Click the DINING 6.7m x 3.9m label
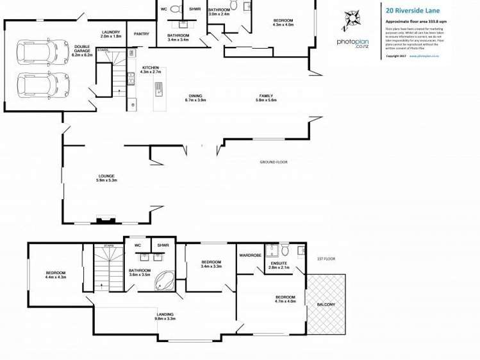[x=195, y=98]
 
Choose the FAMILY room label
[x=265, y=98]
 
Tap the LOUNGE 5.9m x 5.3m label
[x=106, y=178]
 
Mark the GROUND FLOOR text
[x=273, y=162]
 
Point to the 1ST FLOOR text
[x=327, y=259]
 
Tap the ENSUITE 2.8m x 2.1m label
[x=279, y=264]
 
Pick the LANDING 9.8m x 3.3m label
[x=165, y=316]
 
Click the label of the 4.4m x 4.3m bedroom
[x=55, y=274]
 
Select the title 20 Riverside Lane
[x=413, y=11]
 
